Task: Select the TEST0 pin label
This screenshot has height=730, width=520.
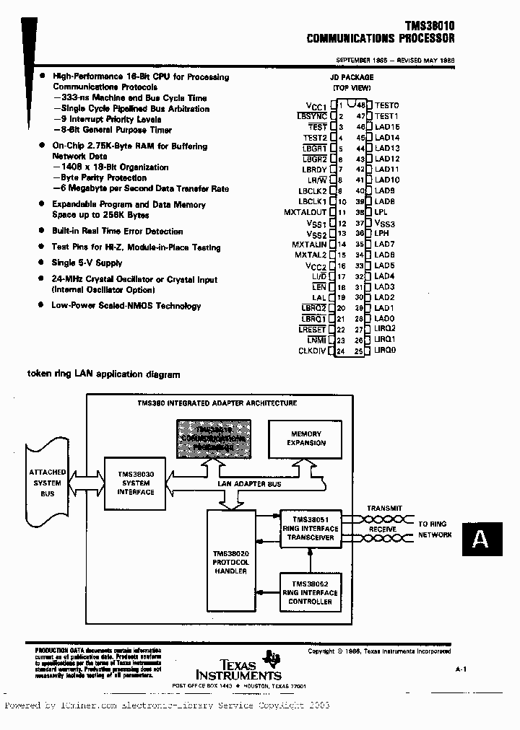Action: [386, 105]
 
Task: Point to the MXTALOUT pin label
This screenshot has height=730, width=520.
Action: [305, 212]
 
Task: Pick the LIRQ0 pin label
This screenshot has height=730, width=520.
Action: [385, 351]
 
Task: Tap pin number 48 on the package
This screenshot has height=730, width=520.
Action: [360, 105]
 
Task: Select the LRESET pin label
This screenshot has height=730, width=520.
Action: [312, 330]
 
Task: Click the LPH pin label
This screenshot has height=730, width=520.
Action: [381, 233]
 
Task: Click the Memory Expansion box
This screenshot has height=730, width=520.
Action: [306, 439]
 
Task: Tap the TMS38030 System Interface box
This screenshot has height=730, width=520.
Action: [136, 483]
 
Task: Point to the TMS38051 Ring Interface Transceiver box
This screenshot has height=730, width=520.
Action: [310, 528]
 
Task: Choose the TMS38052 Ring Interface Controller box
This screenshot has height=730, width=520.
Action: [310, 592]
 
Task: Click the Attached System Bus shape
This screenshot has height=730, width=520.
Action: [48, 483]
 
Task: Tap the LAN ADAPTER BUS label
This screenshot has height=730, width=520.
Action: [249, 484]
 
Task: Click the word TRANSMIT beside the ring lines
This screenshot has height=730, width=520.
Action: [384, 508]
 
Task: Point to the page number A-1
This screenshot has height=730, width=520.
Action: [461, 670]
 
